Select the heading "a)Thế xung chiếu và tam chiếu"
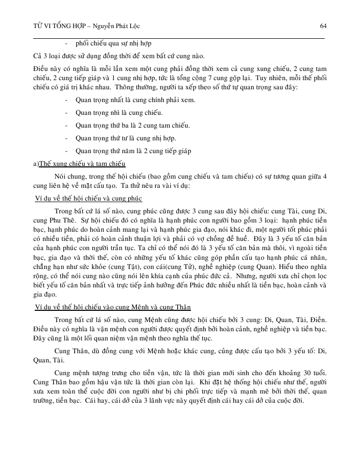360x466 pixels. [78, 164]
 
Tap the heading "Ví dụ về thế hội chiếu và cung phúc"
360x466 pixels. [85, 198]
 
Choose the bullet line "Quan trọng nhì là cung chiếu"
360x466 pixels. [119, 113]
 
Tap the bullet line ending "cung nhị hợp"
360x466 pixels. [126, 138]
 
